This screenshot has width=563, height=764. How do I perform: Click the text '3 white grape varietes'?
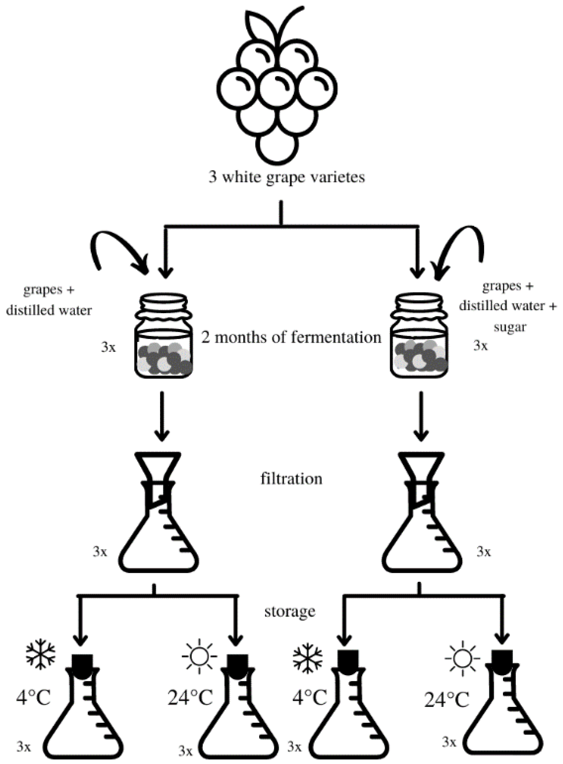[x=286, y=178]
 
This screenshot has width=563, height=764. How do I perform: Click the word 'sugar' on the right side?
[x=510, y=327]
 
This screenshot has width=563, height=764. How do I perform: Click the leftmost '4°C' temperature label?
[x=33, y=698]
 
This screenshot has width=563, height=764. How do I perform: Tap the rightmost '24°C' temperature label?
[x=447, y=700]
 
